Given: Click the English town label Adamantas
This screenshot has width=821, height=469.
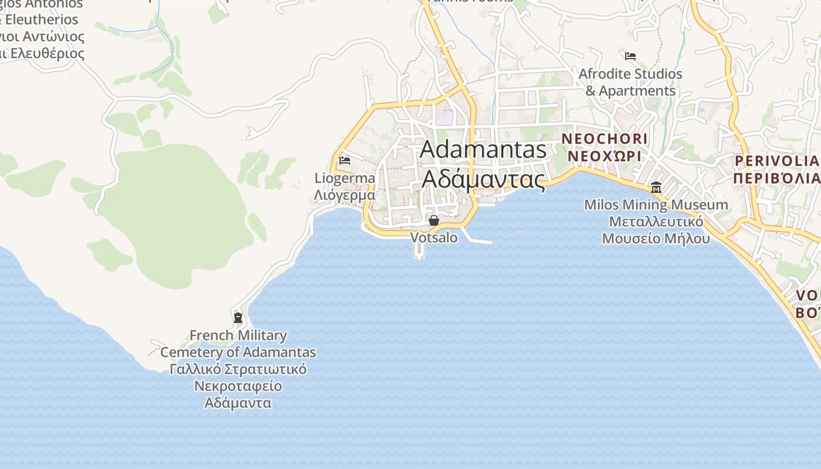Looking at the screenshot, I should click(483, 149).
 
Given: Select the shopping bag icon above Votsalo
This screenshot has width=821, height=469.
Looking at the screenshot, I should click(434, 220).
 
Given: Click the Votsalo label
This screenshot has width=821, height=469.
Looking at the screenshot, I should click(434, 237).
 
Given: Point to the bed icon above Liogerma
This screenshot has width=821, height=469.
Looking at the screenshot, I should click(345, 160).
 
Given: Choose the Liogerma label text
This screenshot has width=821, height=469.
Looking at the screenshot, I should click(345, 178).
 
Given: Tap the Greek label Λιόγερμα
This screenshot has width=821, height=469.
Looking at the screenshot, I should click(345, 195).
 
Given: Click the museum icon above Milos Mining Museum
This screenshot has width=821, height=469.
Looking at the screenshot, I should click(656, 188).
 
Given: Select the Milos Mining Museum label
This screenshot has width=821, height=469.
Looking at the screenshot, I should click(656, 205).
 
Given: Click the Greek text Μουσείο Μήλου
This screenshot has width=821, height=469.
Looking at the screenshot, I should click(656, 239).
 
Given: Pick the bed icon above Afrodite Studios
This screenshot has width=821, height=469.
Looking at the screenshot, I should click(630, 56).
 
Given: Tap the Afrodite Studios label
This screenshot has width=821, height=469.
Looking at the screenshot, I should click(630, 74).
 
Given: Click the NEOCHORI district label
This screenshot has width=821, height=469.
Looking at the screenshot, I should click(605, 139).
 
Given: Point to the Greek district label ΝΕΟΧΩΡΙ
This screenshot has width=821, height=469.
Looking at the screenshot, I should click(605, 157).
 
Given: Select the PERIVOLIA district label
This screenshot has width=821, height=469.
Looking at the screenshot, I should click(776, 161).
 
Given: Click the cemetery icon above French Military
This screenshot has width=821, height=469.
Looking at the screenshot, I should click(238, 318).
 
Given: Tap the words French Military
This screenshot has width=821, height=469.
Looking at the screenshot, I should click(238, 336).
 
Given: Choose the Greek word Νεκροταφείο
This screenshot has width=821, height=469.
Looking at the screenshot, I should click(238, 386).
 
